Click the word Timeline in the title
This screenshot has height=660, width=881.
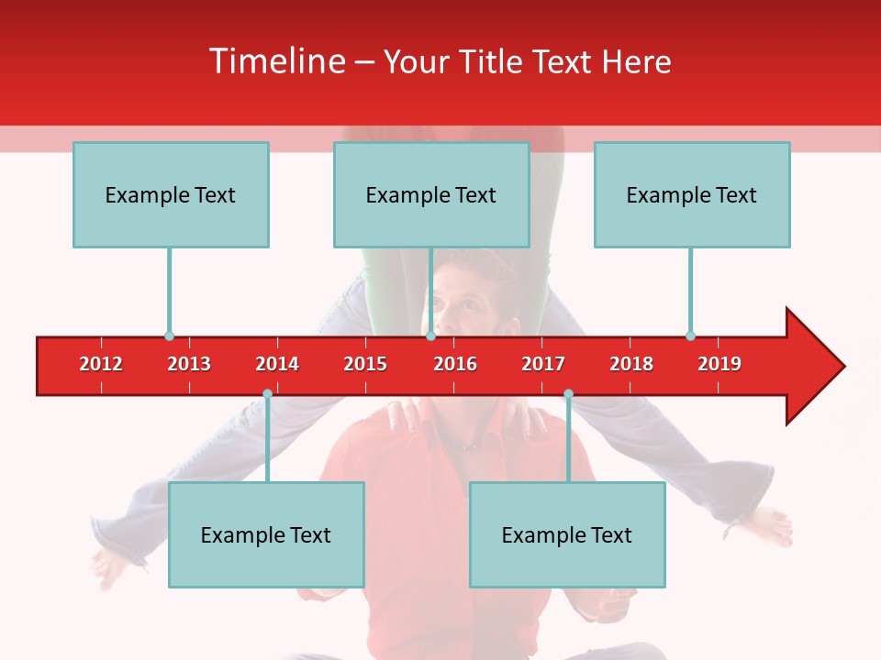(276, 61)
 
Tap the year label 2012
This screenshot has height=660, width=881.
(101, 364)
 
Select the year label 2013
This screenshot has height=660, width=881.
(189, 364)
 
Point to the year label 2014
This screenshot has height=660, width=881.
(277, 364)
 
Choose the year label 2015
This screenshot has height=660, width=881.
(365, 364)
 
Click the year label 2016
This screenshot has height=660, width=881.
(455, 364)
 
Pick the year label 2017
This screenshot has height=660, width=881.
(543, 364)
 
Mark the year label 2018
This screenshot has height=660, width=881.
(631, 364)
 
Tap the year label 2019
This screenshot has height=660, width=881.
(719, 364)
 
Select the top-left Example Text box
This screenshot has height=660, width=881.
(171, 194)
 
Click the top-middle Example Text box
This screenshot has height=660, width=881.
(431, 194)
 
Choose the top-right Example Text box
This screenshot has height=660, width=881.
(692, 194)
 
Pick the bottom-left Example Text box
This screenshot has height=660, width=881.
(266, 534)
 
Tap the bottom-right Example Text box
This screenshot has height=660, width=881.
(567, 534)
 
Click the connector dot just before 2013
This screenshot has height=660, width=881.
(169, 335)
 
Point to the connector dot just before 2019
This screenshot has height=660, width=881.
(690, 335)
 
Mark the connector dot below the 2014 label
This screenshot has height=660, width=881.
(267, 394)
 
